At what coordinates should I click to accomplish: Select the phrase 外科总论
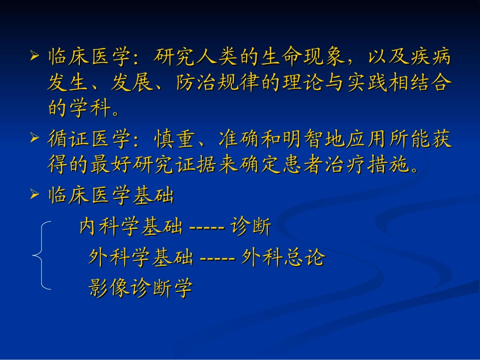(x=283, y=258)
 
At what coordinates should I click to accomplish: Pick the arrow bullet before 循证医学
(x=34, y=137)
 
